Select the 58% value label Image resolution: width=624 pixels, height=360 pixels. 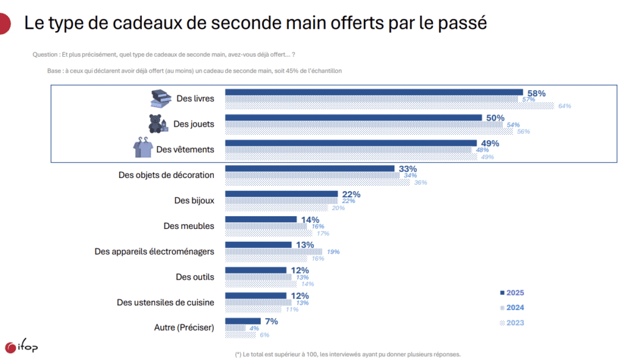(x=536, y=93)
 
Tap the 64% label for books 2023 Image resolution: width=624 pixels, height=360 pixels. (x=564, y=106)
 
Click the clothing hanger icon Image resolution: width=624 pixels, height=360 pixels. (x=143, y=148)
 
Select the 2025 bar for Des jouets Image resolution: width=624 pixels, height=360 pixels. (x=353, y=118)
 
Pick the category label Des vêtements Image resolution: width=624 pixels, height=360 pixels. (x=185, y=149)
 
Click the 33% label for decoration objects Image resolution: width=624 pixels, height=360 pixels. (x=407, y=169)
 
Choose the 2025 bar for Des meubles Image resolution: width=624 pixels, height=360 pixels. (x=261, y=219)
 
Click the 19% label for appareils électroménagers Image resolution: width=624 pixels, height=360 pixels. (x=333, y=252)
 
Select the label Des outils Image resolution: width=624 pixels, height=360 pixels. (x=195, y=277)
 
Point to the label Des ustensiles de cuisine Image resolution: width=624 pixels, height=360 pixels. (x=165, y=302)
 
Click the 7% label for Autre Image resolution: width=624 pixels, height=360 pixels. (x=271, y=321)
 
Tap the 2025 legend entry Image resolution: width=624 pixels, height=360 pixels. (x=511, y=292)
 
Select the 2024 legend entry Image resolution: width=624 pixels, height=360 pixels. (x=511, y=308)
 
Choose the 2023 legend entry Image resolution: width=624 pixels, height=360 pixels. (x=511, y=323)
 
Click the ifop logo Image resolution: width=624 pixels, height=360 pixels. (x=21, y=347)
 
